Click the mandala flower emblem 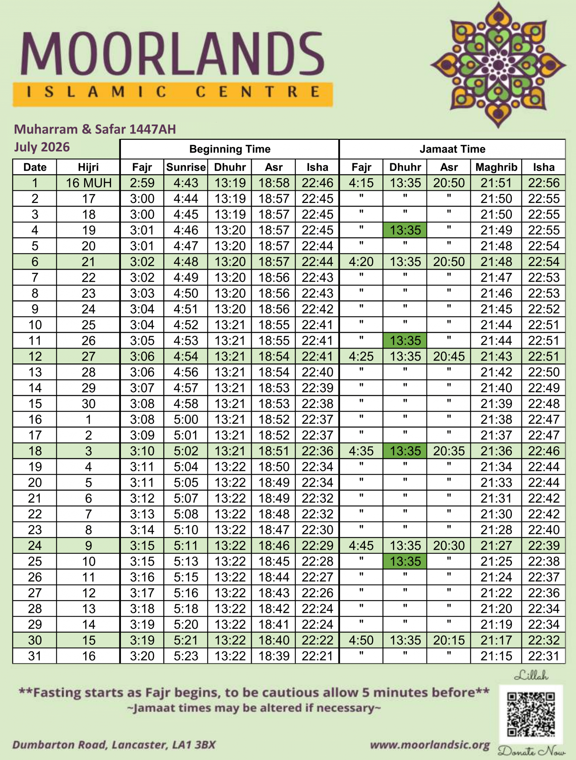(x=498, y=65)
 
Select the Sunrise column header (x=186, y=167)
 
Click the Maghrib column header (x=496, y=167)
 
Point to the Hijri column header (x=88, y=167)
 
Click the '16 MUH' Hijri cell (x=88, y=183)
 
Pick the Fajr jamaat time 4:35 (x=361, y=451)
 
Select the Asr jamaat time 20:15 (x=449, y=641)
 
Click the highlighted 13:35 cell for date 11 (x=405, y=341)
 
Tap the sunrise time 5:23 (x=186, y=656)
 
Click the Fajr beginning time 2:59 (x=142, y=183)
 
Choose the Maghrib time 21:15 (x=496, y=656)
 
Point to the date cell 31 (x=35, y=656)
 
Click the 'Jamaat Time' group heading (x=452, y=149)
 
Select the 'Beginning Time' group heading (x=230, y=149)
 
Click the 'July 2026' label (x=42, y=147)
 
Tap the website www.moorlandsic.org (x=430, y=745)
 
